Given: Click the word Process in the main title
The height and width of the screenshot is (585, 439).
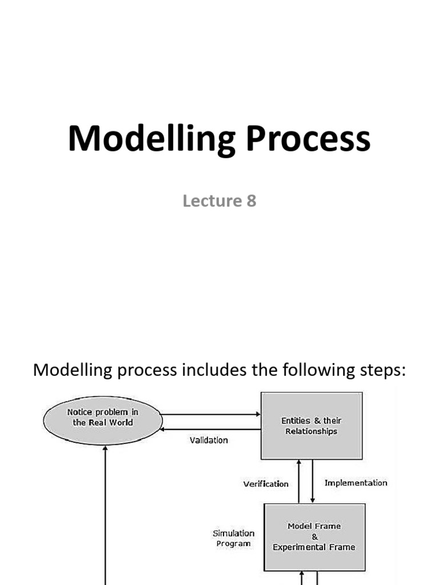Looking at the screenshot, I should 309,139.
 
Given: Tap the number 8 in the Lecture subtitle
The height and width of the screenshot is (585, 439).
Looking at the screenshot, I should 251,201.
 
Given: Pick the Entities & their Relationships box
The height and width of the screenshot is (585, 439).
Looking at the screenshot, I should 312,426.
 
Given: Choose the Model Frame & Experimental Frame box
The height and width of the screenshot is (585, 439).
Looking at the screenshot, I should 314,536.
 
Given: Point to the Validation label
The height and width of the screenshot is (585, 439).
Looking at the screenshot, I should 209,440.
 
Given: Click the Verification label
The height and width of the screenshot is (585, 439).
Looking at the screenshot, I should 266,484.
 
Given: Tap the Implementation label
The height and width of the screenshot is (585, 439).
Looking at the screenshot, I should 356,483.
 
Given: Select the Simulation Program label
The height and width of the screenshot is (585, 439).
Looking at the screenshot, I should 233,538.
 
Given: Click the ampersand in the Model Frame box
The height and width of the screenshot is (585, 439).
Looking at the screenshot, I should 314,536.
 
